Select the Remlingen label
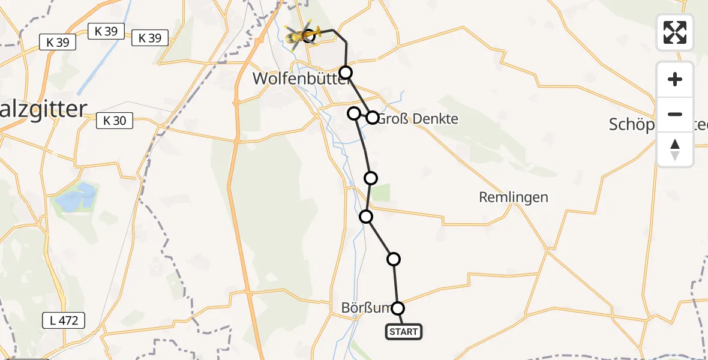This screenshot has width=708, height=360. tap(513, 197)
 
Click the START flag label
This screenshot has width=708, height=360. tap(404, 332)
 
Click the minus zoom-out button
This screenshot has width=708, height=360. tap(675, 114)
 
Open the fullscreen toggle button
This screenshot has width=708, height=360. tap(675, 32)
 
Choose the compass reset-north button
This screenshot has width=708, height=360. tap(675, 149)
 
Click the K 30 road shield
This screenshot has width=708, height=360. tap(114, 121)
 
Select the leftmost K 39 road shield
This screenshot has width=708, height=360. tap(58, 42)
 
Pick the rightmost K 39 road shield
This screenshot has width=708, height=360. tap(150, 38)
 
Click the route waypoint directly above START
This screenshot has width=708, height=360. tap(398, 308)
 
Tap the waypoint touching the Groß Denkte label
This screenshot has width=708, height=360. tap(373, 118)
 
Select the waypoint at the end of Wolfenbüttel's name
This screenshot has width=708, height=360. tap(346, 73)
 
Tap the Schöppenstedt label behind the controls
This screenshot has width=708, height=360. tap(630, 124)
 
